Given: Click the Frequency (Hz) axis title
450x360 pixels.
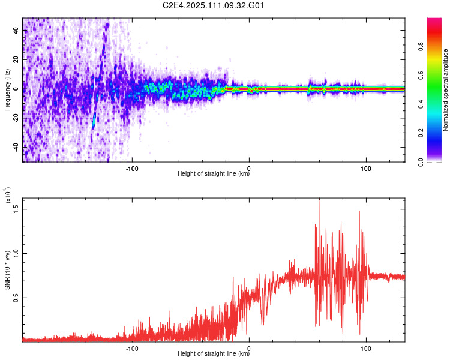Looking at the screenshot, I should (7, 89).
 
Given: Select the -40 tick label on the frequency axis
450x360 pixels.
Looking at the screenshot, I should (14, 147).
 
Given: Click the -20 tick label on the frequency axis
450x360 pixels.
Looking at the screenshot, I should (14, 118).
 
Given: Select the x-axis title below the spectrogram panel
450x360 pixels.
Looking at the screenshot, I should (214, 175).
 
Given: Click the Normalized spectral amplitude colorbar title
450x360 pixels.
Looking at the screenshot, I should (446, 90).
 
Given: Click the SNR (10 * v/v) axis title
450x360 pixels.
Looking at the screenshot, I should (7, 270).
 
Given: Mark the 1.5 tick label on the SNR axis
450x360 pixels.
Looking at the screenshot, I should (16, 208).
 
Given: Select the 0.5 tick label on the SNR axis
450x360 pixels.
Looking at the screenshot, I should (16, 298).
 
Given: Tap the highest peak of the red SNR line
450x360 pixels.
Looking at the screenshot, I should (319, 200).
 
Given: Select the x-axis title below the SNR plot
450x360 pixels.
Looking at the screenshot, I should (214, 354).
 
